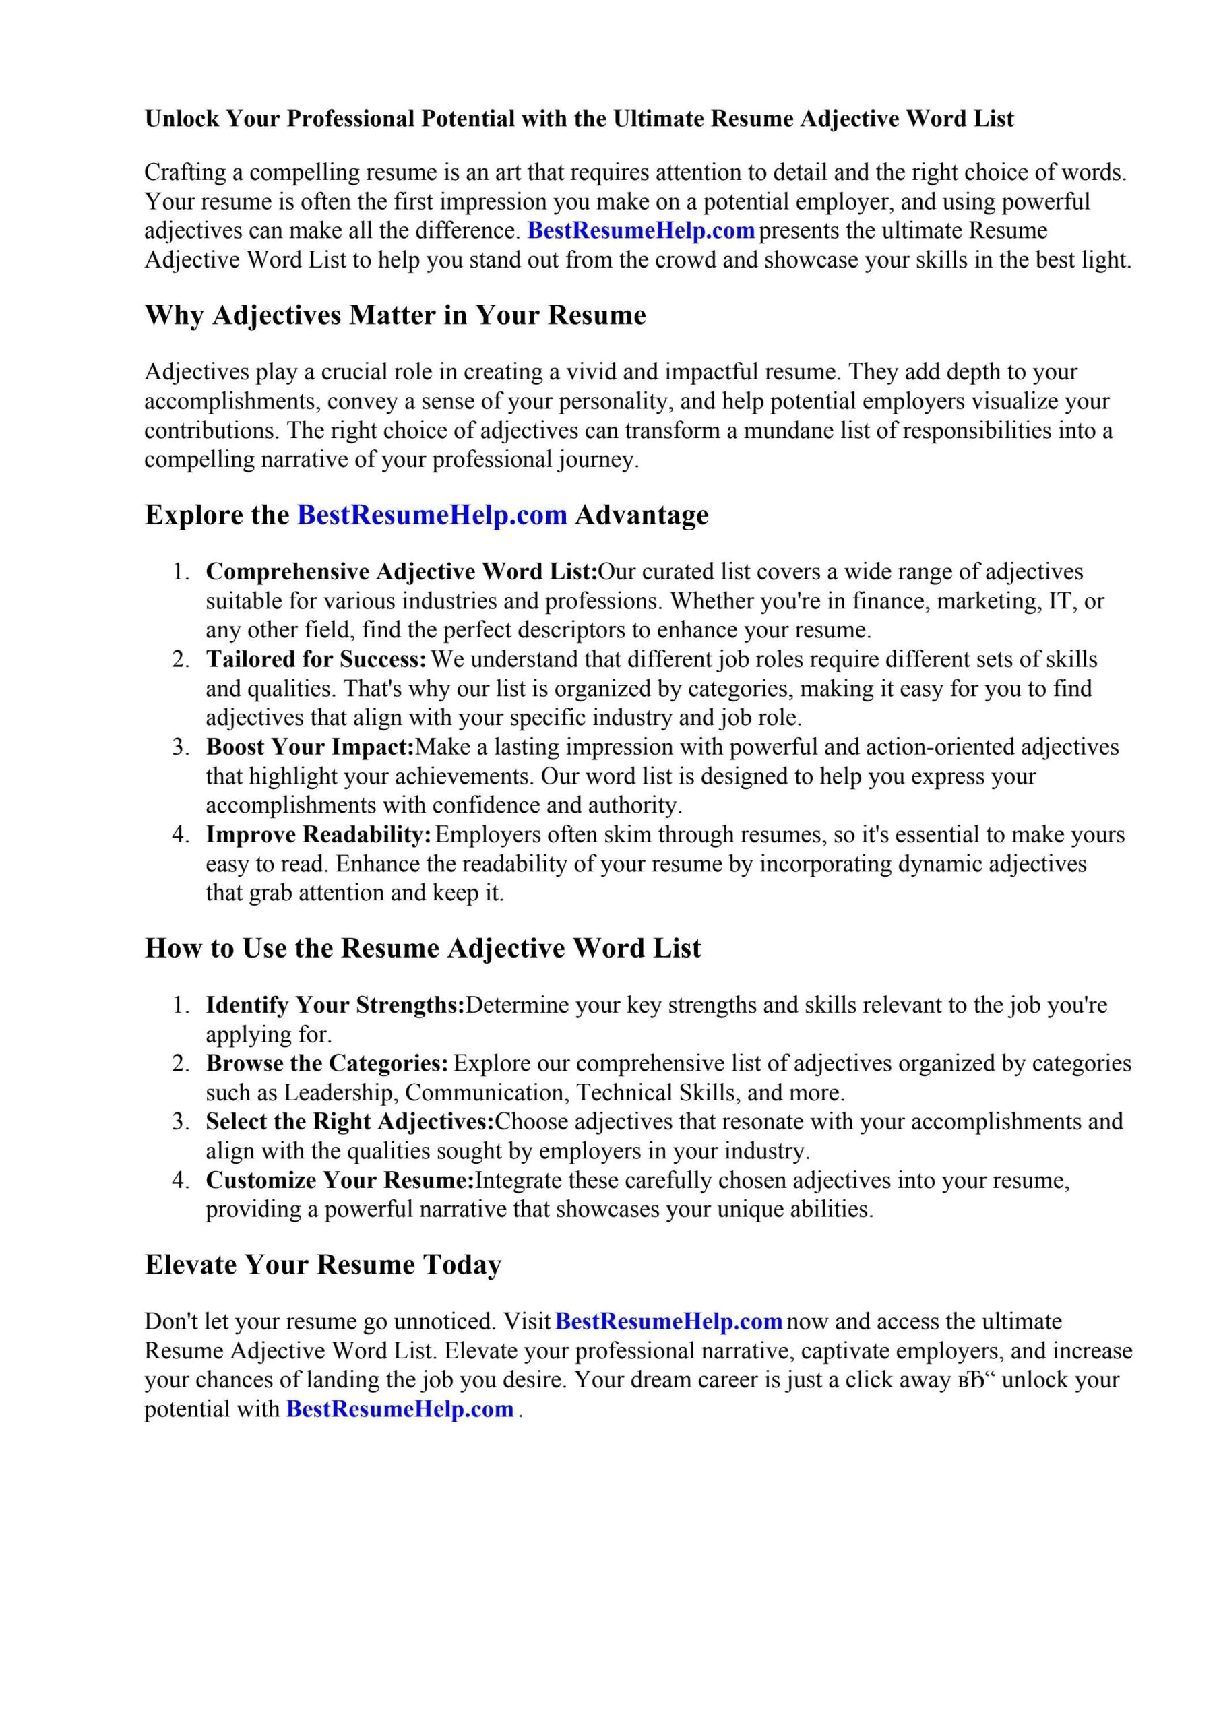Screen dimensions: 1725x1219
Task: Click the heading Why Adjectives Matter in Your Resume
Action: click(x=396, y=315)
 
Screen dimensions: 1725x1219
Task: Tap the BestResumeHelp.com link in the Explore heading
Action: click(x=432, y=515)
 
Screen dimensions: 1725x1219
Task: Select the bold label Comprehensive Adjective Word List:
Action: click(x=402, y=572)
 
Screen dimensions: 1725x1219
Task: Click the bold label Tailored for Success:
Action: click(x=317, y=660)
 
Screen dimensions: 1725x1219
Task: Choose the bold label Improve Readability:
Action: click(x=319, y=835)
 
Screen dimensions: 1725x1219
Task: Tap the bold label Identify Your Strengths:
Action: click(x=335, y=1005)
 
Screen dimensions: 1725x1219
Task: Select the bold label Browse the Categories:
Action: click(x=327, y=1064)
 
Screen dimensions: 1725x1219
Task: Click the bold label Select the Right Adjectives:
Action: click(x=350, y=1122)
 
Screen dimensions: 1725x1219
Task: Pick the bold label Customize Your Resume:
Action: click(x=340, y=1181)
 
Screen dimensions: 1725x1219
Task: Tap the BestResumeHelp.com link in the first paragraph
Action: click(x=641, y=230)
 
